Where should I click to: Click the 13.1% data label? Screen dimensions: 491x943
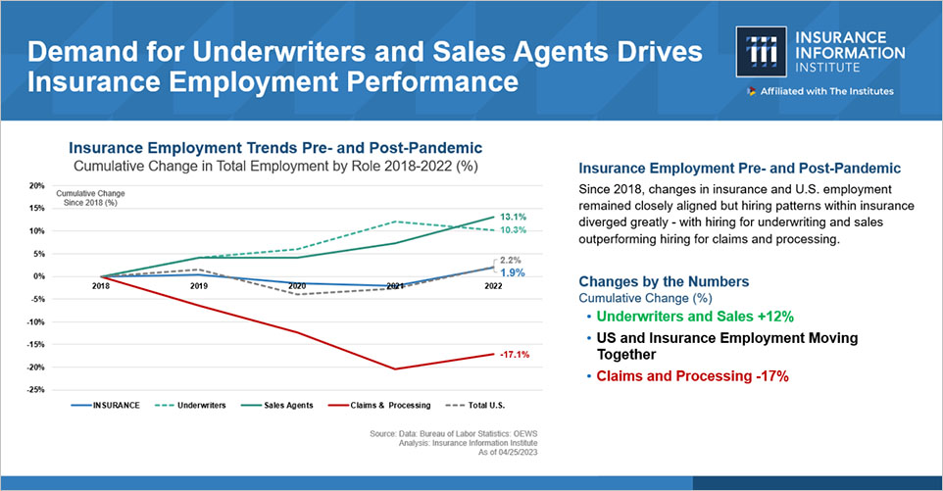click(515, 217)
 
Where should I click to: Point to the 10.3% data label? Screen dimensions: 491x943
click(515, 230)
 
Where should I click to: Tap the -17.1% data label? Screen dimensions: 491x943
click(515, 354)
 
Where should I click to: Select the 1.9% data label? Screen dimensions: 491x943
click(513, 272)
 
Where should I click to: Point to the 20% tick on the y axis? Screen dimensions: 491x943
click(36, 185)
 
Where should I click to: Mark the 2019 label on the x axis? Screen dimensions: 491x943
click(199, 286)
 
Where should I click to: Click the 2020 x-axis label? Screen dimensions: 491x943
click(296, 286)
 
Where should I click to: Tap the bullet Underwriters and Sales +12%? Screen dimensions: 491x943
click(694, 318)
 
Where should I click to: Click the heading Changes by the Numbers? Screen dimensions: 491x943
click(664, 281)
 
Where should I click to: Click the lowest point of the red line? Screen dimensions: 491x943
click(394, 369)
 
